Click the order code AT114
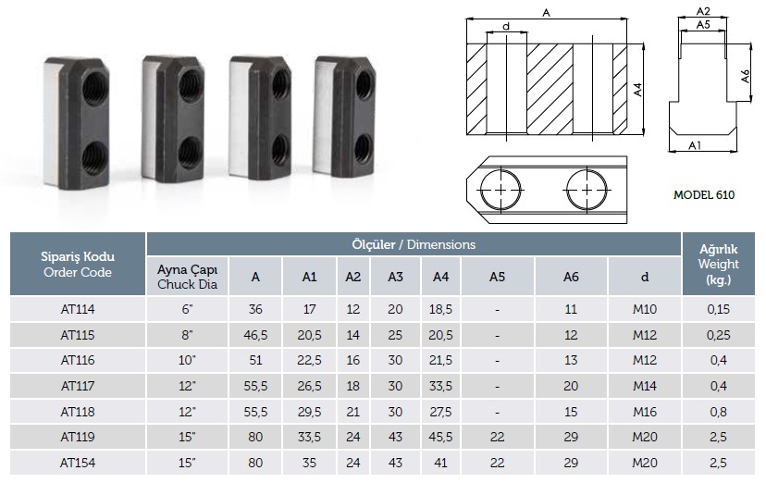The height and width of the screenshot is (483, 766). [78, 309]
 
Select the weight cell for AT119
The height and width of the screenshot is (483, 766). [718, 437]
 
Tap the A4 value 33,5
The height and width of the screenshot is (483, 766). [440, 386]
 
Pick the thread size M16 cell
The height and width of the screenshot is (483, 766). [645, 412]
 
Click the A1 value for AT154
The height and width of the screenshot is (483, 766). [309, 463]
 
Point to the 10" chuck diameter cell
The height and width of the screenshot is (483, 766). [187, 360]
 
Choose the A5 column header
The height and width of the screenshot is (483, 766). [497, 277]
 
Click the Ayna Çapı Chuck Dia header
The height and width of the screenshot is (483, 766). [187, 277]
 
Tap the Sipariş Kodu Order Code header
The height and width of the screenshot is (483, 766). [78, 265]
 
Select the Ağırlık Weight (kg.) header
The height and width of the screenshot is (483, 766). [718, 265]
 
